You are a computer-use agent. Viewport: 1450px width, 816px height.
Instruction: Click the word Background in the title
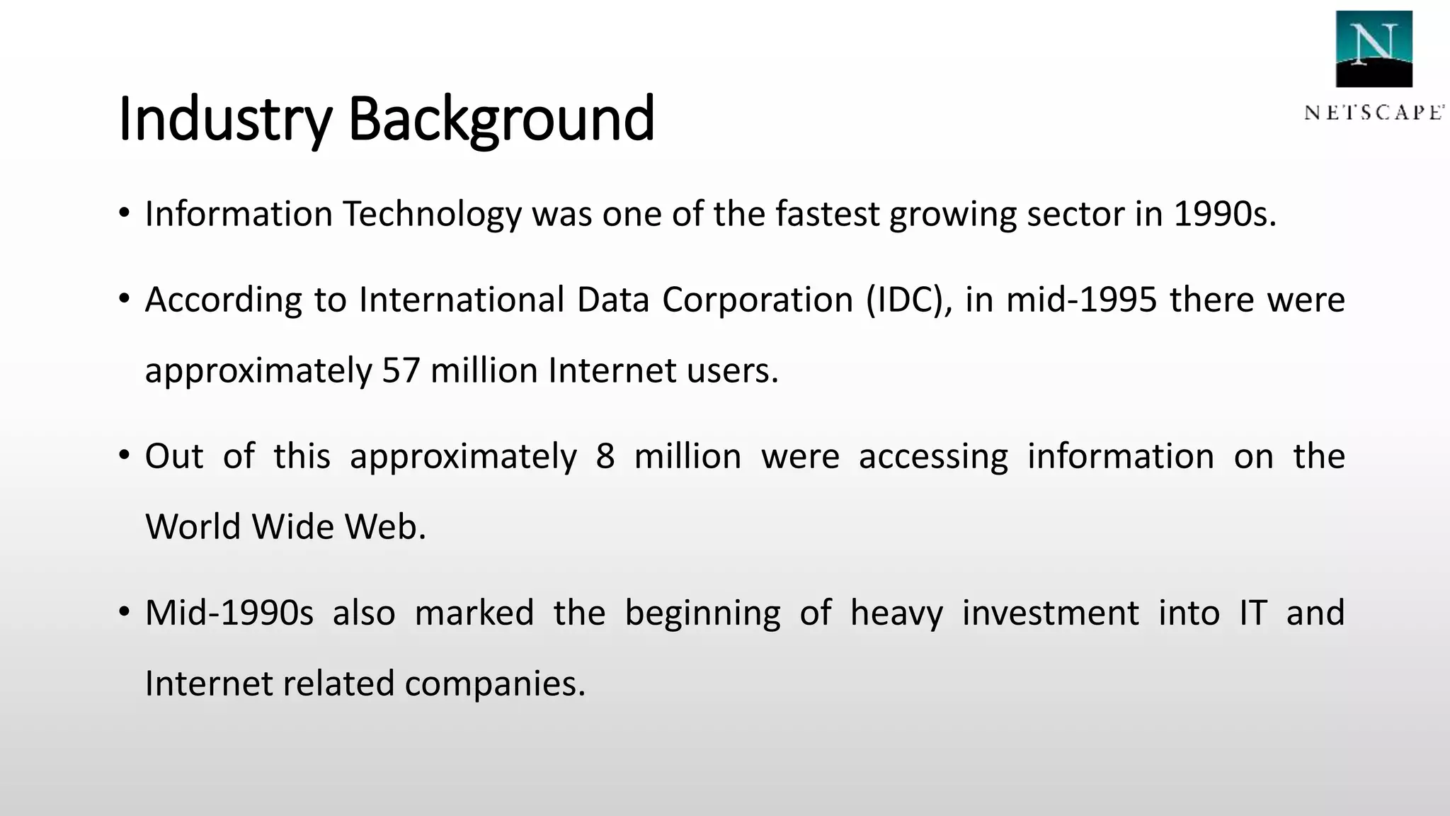coord(501,118)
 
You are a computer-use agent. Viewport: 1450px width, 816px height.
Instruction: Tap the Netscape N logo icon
coord(1374,49)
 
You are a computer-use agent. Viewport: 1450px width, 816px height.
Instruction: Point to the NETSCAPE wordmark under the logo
coord(1374,113)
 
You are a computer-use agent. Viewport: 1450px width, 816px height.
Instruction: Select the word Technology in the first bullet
coord(432,214)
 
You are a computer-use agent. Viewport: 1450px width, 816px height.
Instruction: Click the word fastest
coord(827,214)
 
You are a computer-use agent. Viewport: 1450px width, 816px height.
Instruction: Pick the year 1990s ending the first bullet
coord(1225,214)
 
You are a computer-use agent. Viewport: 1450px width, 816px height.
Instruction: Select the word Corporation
coord(758,300)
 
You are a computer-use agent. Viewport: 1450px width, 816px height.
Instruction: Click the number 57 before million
coord(401,370)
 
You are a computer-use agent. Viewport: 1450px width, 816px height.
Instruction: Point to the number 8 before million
coord(605,456)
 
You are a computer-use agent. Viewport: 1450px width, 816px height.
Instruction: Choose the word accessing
coord(933,456)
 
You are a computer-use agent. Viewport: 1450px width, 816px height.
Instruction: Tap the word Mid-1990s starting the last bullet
coord(229,613)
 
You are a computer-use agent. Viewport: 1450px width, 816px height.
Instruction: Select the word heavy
coord(896,613)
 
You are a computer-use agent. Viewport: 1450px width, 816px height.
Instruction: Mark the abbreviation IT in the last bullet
coord(1252,613)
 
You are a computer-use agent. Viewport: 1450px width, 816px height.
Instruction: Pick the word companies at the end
coord(495,684)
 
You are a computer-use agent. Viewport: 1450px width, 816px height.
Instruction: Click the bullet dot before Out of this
coord(125,455)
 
